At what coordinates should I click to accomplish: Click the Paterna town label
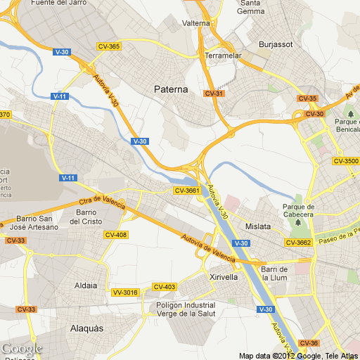tap(171, 89)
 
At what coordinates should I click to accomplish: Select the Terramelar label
tap(223, 55)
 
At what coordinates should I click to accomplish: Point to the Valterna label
tap(196, 23)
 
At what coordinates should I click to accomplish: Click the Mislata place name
tap(258, 226)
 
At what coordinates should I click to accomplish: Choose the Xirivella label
tap(224, 277)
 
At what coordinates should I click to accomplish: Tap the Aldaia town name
tap(86, 285)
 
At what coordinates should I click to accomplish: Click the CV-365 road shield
tap(109, 46)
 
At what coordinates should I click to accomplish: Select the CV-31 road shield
tap(214, 94)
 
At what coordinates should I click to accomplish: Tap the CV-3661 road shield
tap(188, 191)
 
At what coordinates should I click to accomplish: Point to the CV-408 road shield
tap(115, 234)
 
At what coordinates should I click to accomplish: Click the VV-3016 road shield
tap(125, 292)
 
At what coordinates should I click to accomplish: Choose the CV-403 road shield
tap(165, 287)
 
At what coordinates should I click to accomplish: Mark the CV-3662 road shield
tap(298, 243)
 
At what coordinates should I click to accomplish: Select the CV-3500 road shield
tap(346, 161)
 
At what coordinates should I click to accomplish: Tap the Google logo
tap(21, 349)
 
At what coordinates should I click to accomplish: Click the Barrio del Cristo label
tap(86, 217)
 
